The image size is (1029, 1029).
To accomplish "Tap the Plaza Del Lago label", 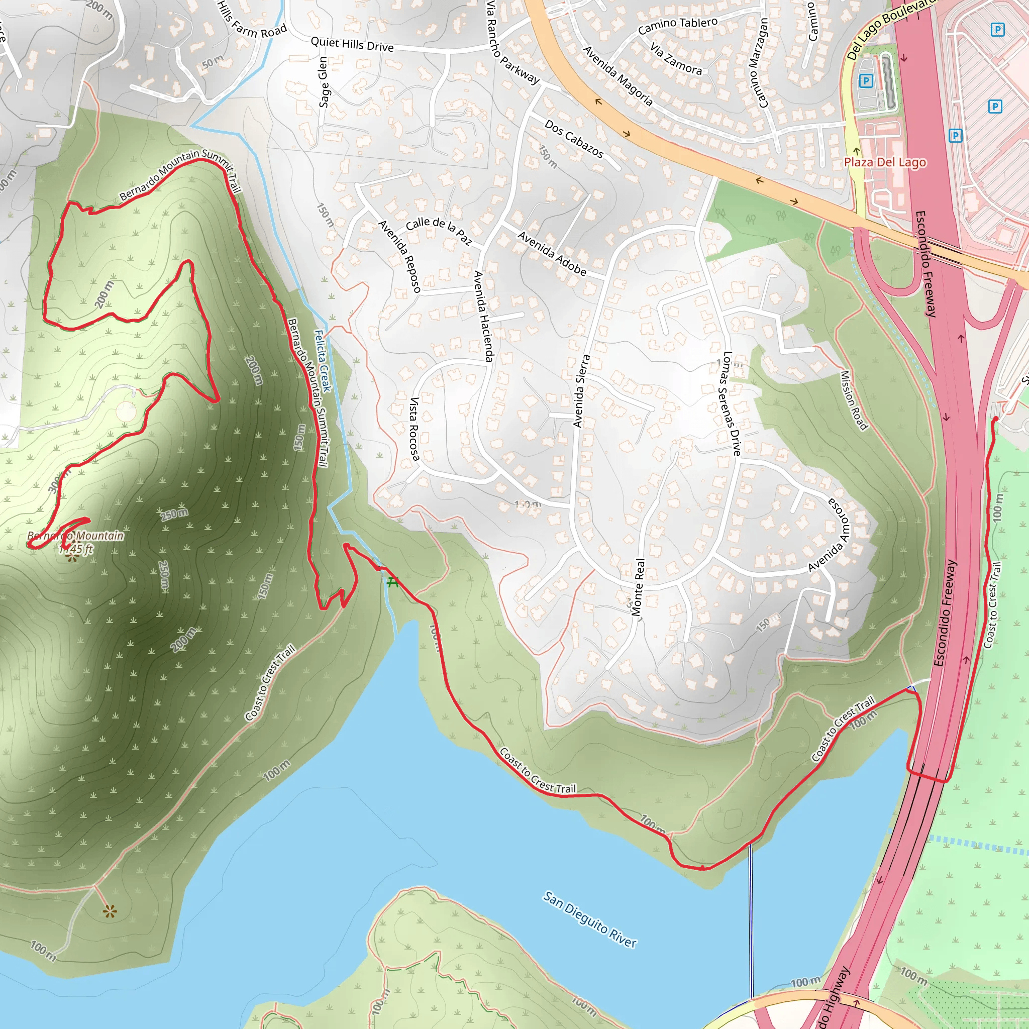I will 885,162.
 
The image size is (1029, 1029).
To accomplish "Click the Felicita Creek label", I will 323,361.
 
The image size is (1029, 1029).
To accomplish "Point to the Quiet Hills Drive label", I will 352,44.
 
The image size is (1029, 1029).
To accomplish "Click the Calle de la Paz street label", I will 439,231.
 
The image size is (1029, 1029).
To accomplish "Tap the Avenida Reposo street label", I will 399,256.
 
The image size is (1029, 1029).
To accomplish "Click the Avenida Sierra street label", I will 581,391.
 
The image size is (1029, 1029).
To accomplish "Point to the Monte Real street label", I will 638,587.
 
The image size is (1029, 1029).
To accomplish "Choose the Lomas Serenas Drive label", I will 729,403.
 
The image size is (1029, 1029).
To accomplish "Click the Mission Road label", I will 853,400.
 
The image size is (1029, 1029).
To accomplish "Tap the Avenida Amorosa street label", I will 832,534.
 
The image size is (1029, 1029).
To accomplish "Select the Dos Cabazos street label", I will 574,139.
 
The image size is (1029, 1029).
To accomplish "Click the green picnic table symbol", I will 392,582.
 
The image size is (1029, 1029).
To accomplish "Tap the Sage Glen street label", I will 323,82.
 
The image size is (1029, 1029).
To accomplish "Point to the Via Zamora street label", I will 676,58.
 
